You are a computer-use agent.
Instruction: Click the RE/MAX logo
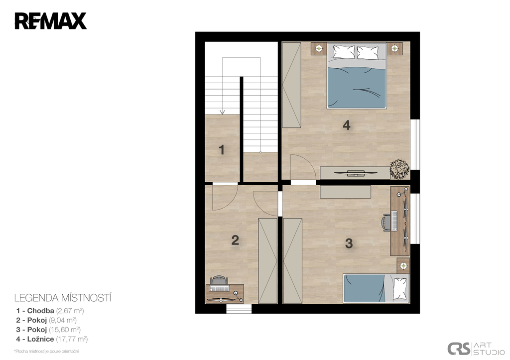click(50, 21)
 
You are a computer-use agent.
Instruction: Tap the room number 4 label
click(347, 125)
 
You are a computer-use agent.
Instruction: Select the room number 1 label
click(222, 150)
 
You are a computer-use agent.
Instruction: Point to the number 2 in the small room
click(235, 240)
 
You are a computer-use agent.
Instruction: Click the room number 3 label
click(349, 243)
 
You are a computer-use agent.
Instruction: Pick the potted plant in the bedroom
click(399, 169)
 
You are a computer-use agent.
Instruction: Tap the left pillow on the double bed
click(344, 52)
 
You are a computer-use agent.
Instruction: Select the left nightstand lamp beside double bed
click(320, 49)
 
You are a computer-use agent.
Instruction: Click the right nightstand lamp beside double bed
click(394, 49)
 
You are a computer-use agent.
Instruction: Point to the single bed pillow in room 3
click(400, 288)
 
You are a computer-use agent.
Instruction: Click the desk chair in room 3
click(386, 222)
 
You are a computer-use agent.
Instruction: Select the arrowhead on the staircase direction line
click(223, 112)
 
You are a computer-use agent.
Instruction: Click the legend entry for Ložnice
click(52, 339)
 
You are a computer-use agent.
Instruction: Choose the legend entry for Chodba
click(50, 311)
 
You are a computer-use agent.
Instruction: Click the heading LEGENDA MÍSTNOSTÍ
click(63, 298)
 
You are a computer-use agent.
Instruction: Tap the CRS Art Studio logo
click(476, 348)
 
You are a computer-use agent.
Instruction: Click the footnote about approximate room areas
click(46, 351)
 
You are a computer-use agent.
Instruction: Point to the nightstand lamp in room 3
click(403, 265)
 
